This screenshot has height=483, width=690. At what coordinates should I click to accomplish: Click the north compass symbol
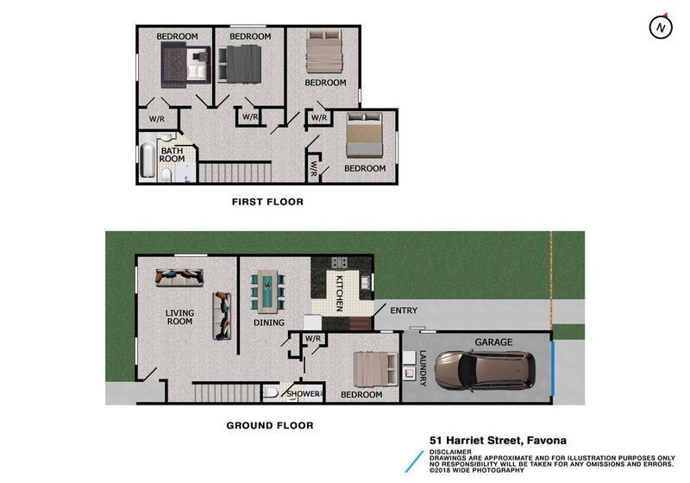tap(661, 27)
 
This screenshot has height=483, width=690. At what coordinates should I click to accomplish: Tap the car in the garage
tap(485, 370)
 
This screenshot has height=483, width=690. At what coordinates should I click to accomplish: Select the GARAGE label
tap(493, 342)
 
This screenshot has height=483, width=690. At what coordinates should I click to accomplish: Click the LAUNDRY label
tap(423, 368)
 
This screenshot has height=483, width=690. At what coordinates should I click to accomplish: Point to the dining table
tap(267, 292)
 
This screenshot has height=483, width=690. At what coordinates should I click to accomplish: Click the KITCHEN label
tap(340, 293)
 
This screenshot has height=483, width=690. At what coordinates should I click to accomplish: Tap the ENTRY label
tap(404, 310)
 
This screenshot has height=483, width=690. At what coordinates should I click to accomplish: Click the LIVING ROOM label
tap(179, 317)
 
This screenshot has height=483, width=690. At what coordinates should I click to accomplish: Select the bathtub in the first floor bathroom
tap(147, 159)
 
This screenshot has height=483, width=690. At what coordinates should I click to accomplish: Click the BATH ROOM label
tap(172, 154)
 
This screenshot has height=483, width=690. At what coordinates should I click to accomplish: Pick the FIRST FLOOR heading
tap(267, 202)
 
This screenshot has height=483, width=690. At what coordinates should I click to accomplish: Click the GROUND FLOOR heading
tap(270, 425)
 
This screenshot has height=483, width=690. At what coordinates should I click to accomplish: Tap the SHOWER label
tap(304, 393)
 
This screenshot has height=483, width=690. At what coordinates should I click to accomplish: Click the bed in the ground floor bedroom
tap(376, 369)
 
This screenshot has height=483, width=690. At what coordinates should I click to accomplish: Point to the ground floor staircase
tap(227, 392)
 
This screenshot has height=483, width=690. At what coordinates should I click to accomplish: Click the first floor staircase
tap(235, 172)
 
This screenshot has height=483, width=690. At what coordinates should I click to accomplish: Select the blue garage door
tap(553, 368)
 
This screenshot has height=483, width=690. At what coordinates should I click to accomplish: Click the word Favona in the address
tap(547, 441)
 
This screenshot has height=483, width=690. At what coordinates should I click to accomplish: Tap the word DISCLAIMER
tap(450, 452)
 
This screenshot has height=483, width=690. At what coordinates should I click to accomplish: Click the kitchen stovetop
tap(339, 262)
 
